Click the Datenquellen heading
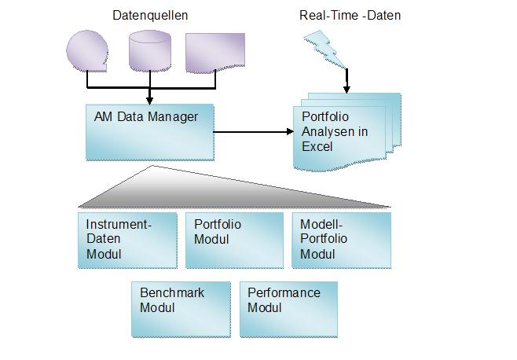click(x=150, y=15)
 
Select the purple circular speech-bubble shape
click(x=87, y=50)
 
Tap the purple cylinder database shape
click(x=148, y=49)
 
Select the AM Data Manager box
click(x=148, y=131)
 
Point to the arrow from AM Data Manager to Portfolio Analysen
click(x=251, y=132)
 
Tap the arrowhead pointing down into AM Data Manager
click(x=148, y=98)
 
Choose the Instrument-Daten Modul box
click(x=126, y=240)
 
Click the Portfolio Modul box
click(x=233, y=240)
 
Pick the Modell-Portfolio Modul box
click(x=340, y=240)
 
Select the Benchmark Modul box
click(x=181, y=308)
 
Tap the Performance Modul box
click(x=288, y=308)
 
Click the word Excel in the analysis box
click(x=317, y=147)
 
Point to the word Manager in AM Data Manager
click(x=174, y=116)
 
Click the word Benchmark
click(x=172, y=293)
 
